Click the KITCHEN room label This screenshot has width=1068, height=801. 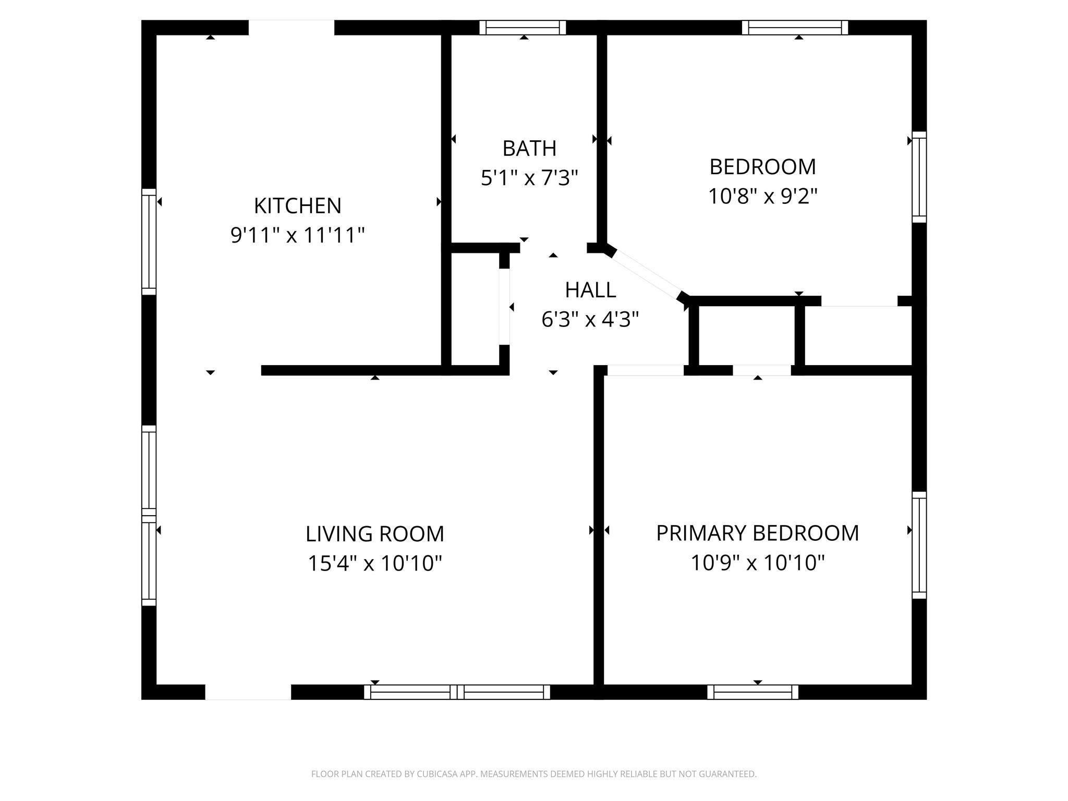tap(297, 206)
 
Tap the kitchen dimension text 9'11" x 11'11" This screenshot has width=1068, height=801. tap(297, 235)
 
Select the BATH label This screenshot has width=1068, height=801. tap(529, 149)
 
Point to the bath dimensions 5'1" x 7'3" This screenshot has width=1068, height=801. tap(529, 178)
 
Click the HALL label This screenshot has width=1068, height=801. tap(590, 290)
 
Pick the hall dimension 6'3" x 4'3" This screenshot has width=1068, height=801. tap(590, 319)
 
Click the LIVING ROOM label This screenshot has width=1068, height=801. tap(374, 534)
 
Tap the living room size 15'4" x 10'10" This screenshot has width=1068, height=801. tap(374, 563)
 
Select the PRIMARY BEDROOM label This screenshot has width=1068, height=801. tap(757, 533)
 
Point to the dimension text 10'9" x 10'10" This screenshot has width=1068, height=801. tap(757, 563)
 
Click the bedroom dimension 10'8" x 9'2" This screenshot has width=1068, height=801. tap(762, 197)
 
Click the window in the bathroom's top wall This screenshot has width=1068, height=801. tap(523, 28)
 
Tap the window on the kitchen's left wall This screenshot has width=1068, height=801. tap(149, 242)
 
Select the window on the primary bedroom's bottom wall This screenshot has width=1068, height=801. tap(753, 692)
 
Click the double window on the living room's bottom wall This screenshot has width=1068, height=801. tap(457, 692)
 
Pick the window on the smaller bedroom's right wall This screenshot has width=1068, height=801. tap(919, 177)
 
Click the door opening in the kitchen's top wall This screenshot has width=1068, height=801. tap(291, 28)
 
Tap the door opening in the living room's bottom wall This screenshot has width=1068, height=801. tap(248, 692)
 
